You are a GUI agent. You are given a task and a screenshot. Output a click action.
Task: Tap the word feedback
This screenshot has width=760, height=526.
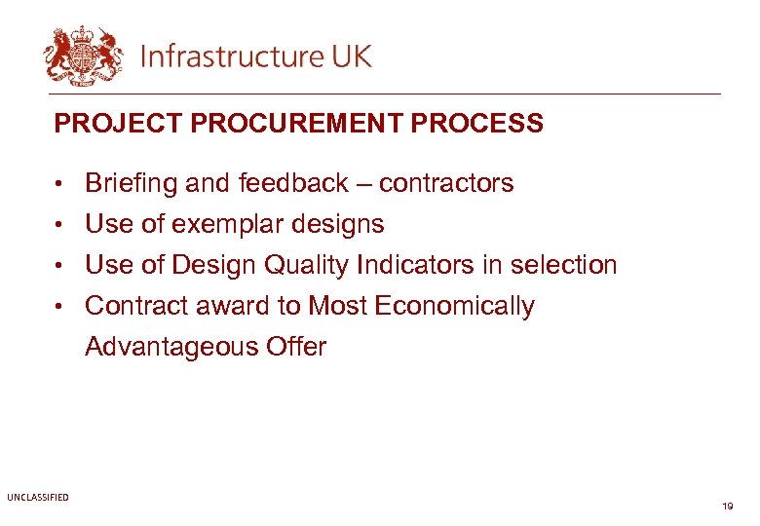coord(293,183)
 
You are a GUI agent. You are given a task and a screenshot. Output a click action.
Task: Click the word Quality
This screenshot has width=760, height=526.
coord(305,265)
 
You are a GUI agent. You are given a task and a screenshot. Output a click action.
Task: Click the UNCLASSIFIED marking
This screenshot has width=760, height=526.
coord(38,498)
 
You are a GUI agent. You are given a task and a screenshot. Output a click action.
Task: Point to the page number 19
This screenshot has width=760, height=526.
coord(727,507)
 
